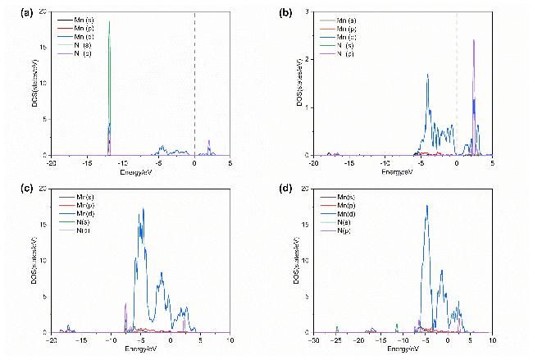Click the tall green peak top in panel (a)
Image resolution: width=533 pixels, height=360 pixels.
point(109,23)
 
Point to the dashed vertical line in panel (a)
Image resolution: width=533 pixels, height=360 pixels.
point(194,82)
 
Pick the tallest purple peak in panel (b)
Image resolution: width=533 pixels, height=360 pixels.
point(474,40)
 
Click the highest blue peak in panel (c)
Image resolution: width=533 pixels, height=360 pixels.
point(143,209)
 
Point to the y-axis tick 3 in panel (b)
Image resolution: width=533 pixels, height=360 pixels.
point(307,12)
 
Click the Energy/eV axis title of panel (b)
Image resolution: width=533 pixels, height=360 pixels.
point(403,168)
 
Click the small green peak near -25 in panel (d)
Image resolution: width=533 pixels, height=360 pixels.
point(336,326)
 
